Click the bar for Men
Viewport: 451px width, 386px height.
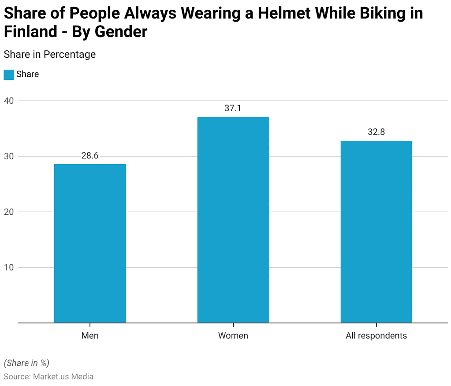[90, 244]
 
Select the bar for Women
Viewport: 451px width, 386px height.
[233, 220]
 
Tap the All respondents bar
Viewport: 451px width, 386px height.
[376, 232]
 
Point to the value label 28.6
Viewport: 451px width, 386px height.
[90, 156]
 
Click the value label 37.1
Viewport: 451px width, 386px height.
[233, 109]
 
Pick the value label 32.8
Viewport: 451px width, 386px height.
[376, 132]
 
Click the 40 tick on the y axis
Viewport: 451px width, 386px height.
[9, 101]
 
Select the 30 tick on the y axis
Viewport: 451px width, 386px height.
[9, 156]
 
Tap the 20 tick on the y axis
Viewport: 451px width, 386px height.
[9, 212]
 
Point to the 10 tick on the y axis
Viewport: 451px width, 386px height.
[9, 267]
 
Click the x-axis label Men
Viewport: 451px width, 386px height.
[90, 336]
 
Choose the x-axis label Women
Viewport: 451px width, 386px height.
[233, 336]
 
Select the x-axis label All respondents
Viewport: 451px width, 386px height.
[376, 336]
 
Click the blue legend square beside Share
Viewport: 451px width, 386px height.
[9, 75]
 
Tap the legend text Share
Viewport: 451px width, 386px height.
[27, 75]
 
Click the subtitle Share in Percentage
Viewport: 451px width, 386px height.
[49, 54]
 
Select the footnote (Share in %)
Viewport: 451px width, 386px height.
[26, 363]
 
